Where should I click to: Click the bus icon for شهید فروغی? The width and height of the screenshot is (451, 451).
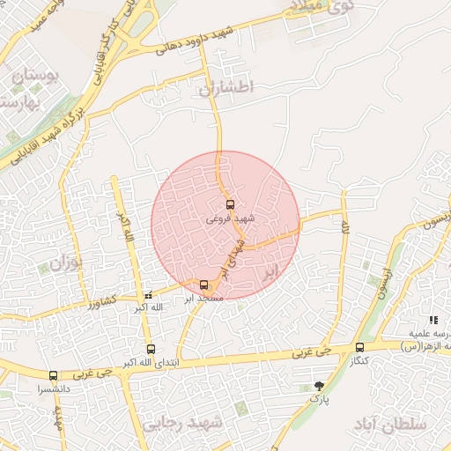click(x=231, y=204)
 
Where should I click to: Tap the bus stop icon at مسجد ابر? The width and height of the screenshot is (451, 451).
click(x=204, y=285)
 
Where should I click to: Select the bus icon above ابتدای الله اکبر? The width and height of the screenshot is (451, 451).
click(x=151, y=349)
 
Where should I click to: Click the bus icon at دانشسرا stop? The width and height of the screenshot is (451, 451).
click(x=53, y=375)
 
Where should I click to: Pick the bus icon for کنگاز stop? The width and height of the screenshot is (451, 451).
click(x=359, y=347)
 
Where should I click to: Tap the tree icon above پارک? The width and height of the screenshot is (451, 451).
click(x=319, y=386)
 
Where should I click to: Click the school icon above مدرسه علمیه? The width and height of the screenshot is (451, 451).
click(x=433, y=320)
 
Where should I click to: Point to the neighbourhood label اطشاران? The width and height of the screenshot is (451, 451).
click(x=225, y=87)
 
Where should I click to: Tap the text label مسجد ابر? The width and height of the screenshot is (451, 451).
click(x=203, y=299)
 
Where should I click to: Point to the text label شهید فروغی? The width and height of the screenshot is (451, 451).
click(x=231, y=218)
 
